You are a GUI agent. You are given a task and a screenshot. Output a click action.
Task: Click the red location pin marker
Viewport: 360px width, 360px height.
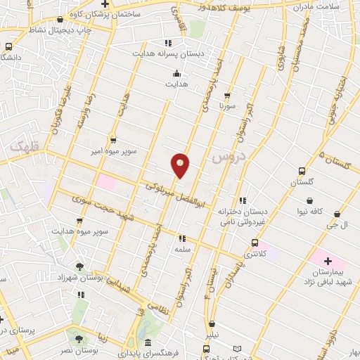pos(180,165)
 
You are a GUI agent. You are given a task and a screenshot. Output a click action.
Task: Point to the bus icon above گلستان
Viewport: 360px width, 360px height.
pos(302,171)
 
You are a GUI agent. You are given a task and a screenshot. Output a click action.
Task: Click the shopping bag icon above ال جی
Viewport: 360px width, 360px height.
pos(337,214)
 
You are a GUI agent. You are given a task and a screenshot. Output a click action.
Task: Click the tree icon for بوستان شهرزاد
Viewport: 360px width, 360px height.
pos(79,266)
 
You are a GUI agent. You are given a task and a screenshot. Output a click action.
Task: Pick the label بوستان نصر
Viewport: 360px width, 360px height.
pos(77,349)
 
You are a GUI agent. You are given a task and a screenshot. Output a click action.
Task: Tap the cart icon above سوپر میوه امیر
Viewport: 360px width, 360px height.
pos(112,140)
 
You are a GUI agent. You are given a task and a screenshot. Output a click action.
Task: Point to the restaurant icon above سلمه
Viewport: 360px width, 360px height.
pos(182,238)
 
